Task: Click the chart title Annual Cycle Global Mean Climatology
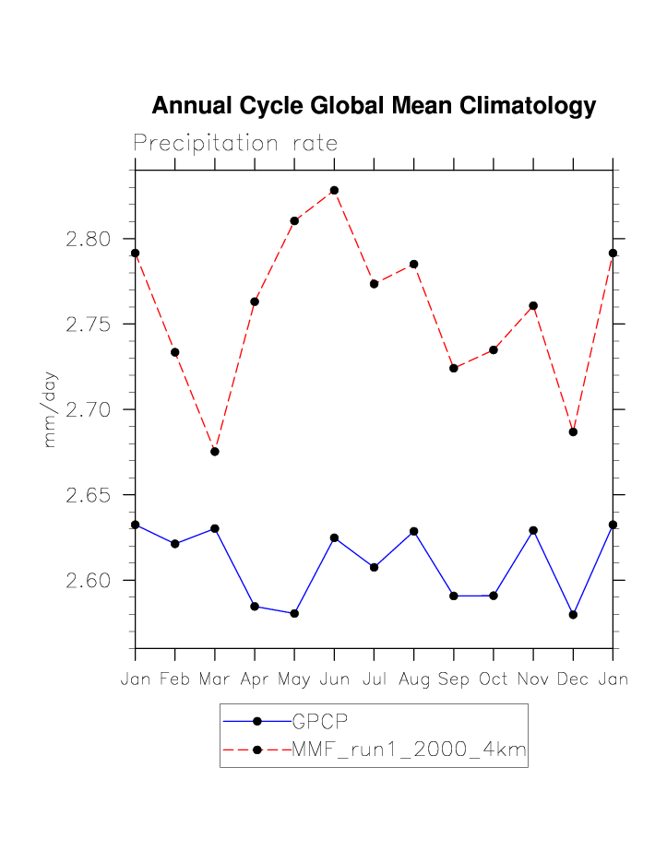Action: click(374, 106)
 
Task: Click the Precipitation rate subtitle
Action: click(235, 144)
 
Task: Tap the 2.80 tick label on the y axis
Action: click(88, 240)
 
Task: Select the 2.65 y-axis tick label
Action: click(88, 495)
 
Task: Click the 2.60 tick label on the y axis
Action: click(88, 581)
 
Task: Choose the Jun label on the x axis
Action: click(334, 679)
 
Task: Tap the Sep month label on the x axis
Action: click(453, 679)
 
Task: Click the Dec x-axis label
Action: click(573, 679)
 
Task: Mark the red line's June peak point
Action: click(334, 190)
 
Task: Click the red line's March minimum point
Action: click(215, 452)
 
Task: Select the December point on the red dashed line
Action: click(573, 431)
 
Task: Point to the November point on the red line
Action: click(533, 306)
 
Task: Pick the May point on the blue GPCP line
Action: click(294, 613)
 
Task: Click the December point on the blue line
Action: click(573, 614)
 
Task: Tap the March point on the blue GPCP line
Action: click(215, 528)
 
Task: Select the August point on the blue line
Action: click(413, 531)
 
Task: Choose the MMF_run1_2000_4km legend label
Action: click(409, 750)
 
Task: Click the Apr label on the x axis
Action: click(255, 679)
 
